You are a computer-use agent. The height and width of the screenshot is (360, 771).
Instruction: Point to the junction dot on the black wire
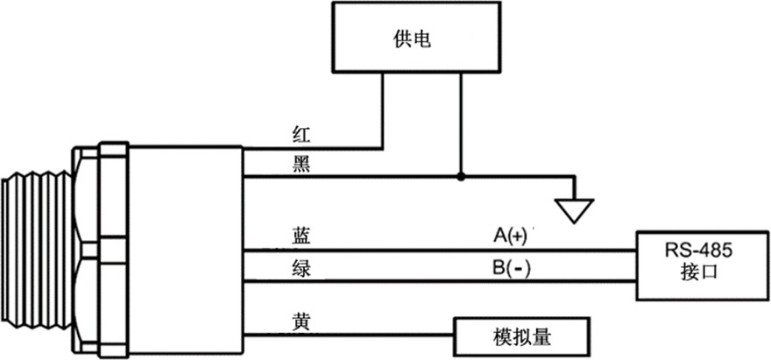click(x=461, y=176)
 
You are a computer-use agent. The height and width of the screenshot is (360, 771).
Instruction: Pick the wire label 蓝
click(x=300, y=236)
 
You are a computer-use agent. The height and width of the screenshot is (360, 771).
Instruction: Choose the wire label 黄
click(x=300, y=320)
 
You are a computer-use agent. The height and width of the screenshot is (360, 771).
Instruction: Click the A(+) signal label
click(x=512, y=236)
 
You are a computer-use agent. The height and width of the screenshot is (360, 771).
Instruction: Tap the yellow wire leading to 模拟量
click(x=350, y=335)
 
